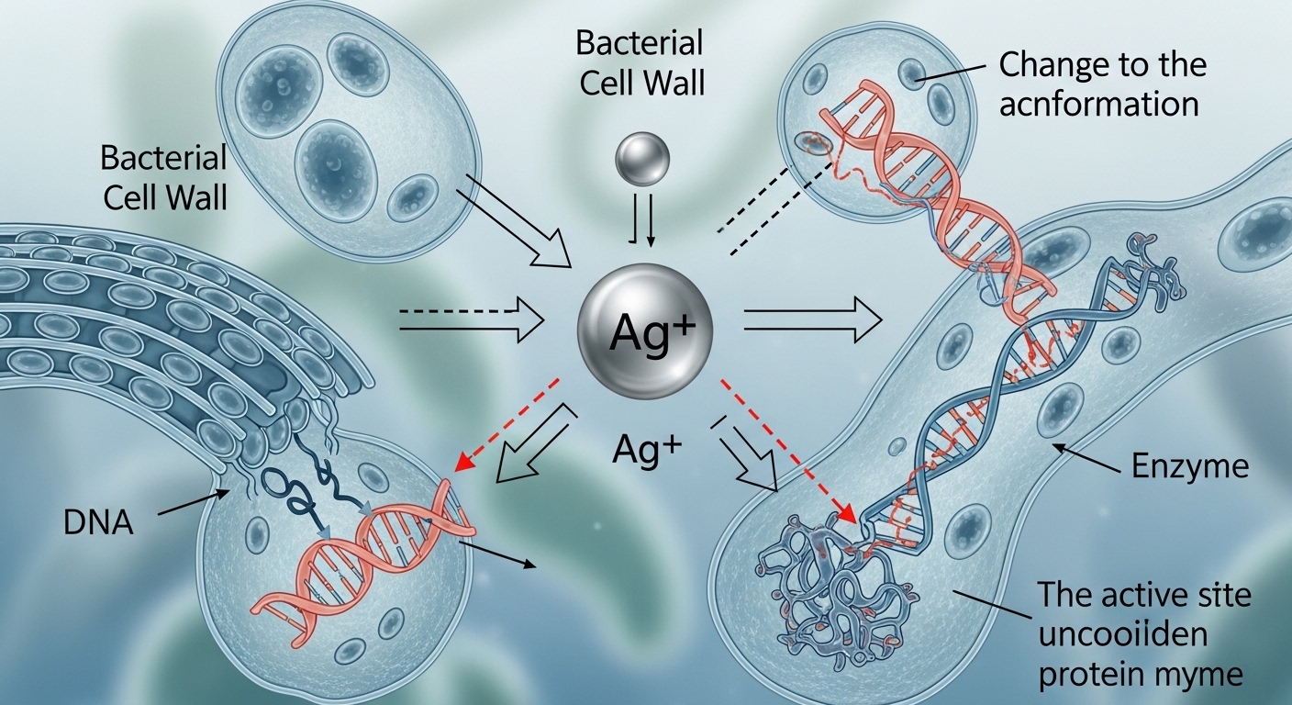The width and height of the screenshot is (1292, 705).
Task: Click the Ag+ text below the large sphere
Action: pyautogui.click(x=648, y=451)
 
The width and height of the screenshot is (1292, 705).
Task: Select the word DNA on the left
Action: pyautogui.click(x=99, y=523)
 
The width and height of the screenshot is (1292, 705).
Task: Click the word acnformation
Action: pyautogui.click(x=1099, y=104)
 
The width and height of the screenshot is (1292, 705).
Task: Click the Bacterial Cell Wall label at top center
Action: pyautogui.click(x=640, y=62)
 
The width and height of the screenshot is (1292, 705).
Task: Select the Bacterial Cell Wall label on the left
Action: pyautogui.click(x=163, y=176)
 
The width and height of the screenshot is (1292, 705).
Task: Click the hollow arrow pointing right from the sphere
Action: pyautogui.click(x=812, y=319)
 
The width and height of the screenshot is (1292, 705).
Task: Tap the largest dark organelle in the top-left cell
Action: pyautogui.click(x=336, y=162)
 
